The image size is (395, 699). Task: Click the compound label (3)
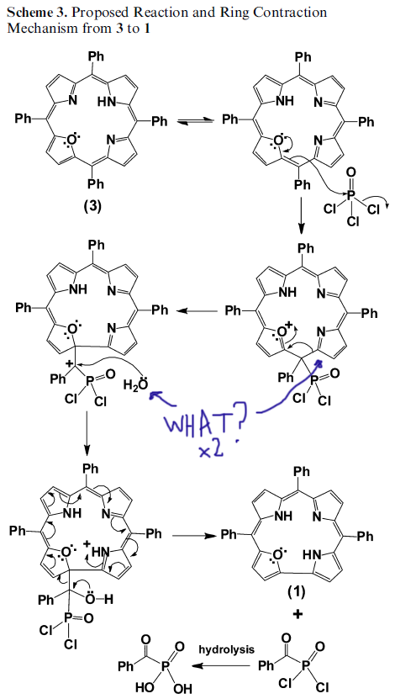click(x=93, y=206)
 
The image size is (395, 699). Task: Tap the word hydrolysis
click(x=227, y=649)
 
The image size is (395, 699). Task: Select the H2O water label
click(x=136, y=383)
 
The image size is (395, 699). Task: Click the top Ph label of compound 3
click(x=92, y=57)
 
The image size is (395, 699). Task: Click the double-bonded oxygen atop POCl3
click(x=349, y=172)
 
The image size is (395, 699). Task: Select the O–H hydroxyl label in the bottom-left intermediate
click(x=100, y=600)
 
